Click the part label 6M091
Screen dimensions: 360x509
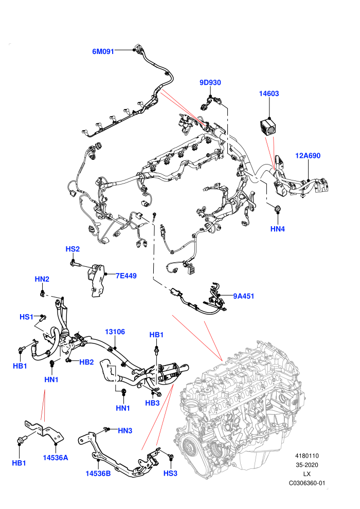103,51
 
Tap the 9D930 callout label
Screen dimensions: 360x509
210,83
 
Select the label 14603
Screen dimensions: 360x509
269,94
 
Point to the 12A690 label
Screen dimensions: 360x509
308,156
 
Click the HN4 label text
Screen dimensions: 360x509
278,229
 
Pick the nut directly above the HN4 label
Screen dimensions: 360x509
278,209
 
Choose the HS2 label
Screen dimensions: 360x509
73,249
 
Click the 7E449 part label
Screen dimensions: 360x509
127,276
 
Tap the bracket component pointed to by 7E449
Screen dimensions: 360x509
96,280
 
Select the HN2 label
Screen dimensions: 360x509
42,279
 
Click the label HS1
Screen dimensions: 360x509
26,317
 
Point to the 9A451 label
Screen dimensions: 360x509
243,296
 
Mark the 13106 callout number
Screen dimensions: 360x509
115,332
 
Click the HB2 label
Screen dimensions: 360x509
86,362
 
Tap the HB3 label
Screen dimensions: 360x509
152,403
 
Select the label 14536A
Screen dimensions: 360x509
56,458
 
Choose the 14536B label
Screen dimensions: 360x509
98,474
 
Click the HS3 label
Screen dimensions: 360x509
170,474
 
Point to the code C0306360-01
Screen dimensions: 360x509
307,483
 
